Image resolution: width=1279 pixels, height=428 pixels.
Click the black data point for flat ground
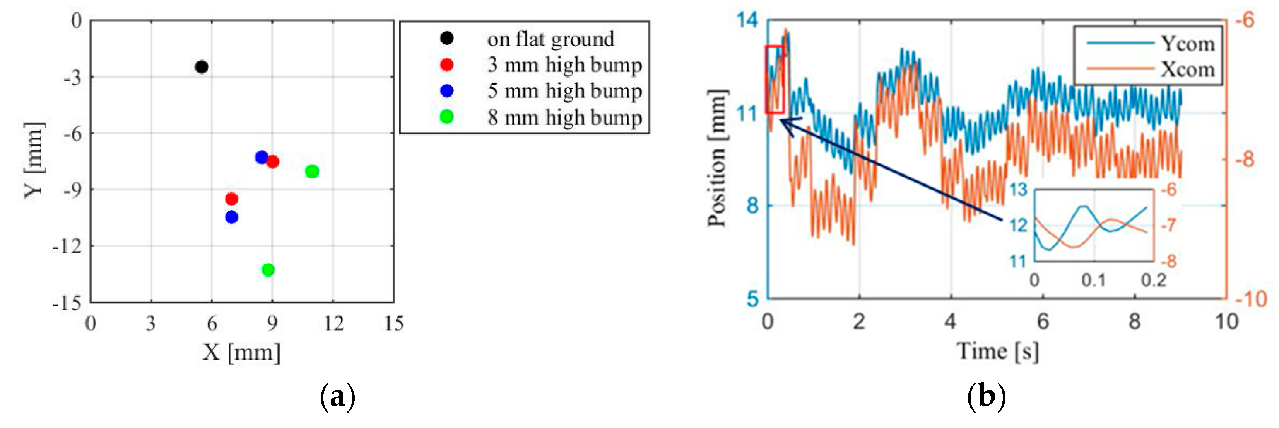(201, 66)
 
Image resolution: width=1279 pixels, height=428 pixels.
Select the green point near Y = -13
(268, 270)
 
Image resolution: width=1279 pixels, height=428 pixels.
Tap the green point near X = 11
(312, 172)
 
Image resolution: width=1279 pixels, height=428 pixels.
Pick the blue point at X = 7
(231, 217)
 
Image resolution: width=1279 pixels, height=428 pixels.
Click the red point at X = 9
(272, 162)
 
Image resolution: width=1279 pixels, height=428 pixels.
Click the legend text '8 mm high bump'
(564, 117)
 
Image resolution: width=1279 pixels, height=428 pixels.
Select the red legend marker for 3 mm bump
(447, 65)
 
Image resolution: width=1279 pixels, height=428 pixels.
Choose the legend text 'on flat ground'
(550, 39)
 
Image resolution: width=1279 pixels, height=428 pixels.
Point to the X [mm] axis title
(241, 352)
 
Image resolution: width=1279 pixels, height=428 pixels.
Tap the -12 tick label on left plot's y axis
(68, 246)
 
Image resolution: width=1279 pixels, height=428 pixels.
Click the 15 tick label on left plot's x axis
(394, 323)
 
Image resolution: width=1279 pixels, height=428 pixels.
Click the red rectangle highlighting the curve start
(775, 79)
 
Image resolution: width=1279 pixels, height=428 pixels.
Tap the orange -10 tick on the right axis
(1251, 299)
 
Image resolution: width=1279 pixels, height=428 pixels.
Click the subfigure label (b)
(986, 397)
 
